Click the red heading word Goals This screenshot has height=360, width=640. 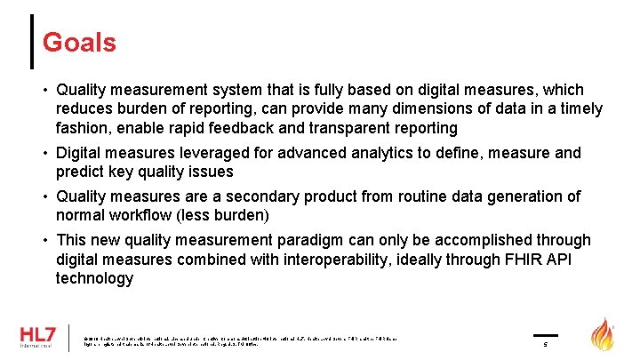(79, 42)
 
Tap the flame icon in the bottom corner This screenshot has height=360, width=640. (604, 335)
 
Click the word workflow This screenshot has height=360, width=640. (144, 215)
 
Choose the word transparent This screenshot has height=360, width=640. (343, 128)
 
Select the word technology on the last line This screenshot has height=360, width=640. (94, 278)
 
